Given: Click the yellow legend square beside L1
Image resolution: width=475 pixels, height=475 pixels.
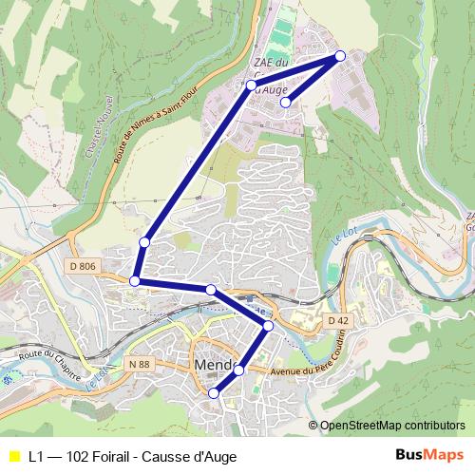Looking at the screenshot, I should [x=12, y=456].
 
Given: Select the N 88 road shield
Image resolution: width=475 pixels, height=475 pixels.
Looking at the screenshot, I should [x=140, y=363].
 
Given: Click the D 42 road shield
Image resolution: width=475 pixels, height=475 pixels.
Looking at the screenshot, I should [x=338, y=321].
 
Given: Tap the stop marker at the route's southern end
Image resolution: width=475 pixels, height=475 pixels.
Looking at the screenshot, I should [x=214, y=393].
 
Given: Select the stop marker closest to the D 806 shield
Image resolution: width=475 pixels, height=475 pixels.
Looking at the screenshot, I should [x=136, y=280].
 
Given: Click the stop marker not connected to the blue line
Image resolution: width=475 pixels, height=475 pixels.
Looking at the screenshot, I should [x=285, y=103].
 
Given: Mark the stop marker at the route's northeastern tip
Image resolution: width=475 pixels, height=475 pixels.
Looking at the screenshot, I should [x=340, y=56].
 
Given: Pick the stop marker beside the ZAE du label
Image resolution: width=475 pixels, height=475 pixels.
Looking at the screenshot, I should [x=252, y=85].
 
